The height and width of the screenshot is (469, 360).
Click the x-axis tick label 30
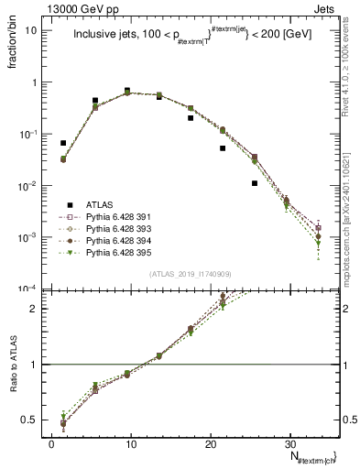tap(289, 443)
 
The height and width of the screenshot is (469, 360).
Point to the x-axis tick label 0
tap(51, 443)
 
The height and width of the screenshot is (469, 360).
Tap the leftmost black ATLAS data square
tap(63, 143)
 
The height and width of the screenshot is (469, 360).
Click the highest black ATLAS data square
tap(126, 91)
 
